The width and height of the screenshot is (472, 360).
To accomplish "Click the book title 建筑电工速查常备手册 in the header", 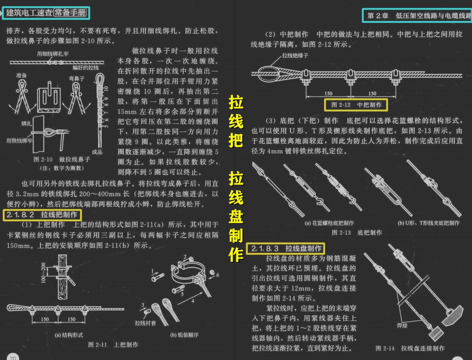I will tap(46, 13).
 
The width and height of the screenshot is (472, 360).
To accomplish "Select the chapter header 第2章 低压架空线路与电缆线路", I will tap(417, 16).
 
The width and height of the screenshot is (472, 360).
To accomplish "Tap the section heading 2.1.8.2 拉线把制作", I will tap(42, 215).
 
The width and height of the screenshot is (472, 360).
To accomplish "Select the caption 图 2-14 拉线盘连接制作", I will tap(410, 348).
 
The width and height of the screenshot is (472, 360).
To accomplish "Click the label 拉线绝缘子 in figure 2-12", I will tap(295, 56).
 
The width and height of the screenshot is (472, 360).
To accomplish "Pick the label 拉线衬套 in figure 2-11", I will tap(143, 323).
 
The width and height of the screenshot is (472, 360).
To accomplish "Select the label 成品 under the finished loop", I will tap(97, 152).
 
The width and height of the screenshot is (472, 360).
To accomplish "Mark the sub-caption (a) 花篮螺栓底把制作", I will tap(330, 223).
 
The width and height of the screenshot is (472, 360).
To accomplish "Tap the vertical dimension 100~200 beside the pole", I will tap(43, 272).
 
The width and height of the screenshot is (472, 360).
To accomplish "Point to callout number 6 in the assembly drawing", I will tap(218, 275).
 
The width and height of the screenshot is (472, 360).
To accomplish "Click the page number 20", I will tap(13, 357).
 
